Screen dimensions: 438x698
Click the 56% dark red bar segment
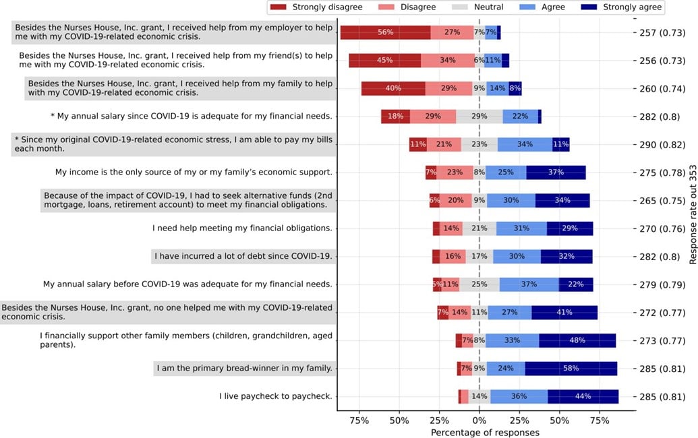385,32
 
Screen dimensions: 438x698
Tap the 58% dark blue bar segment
571,369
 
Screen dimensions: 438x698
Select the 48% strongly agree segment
577,340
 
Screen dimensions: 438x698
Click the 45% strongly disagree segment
384,61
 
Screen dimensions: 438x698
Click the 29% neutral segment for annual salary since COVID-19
479,117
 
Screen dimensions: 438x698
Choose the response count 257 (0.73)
664,32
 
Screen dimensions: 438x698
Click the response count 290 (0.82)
664,144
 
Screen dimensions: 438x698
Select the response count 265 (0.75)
664,200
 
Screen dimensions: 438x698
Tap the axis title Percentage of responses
485,432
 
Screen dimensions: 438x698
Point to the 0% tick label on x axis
479,420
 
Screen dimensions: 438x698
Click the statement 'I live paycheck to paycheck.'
276,396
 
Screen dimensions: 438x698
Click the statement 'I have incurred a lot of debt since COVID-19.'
243,256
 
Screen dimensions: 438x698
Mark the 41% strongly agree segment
564,312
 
